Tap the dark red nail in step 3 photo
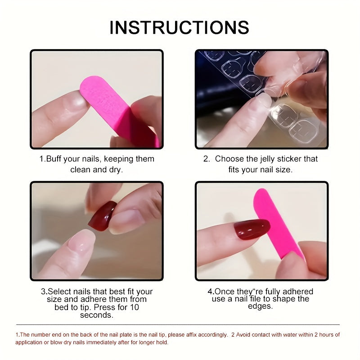click(102, 216)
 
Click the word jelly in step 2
click(263, 159)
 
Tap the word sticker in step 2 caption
click(288, 159)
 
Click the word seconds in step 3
click(97, 315)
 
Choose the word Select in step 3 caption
click(60, 292)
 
